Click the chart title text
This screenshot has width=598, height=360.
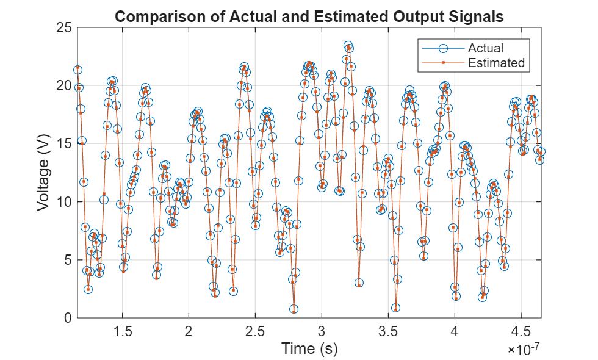(x=309, y=16)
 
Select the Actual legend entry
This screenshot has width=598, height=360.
(x=485, y=48)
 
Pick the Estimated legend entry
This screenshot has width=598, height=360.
(x=495, y=62)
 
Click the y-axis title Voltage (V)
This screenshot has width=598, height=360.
(x=43, y=173)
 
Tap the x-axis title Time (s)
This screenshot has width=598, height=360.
(x=309, y=348)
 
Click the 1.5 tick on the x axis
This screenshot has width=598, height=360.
(x=123, y=331)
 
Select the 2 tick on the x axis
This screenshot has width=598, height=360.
(x=189, y=331)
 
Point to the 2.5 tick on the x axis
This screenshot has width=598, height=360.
(x=256, y=331)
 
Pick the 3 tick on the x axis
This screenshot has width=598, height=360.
(x=322, y=331)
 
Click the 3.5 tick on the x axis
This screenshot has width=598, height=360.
(x=388, y=331)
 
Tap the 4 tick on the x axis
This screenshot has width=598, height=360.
(x=455, y=331)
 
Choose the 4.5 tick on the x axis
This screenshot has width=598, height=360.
(x=521, y=331)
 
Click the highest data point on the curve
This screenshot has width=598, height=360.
(x=348, y=46)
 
